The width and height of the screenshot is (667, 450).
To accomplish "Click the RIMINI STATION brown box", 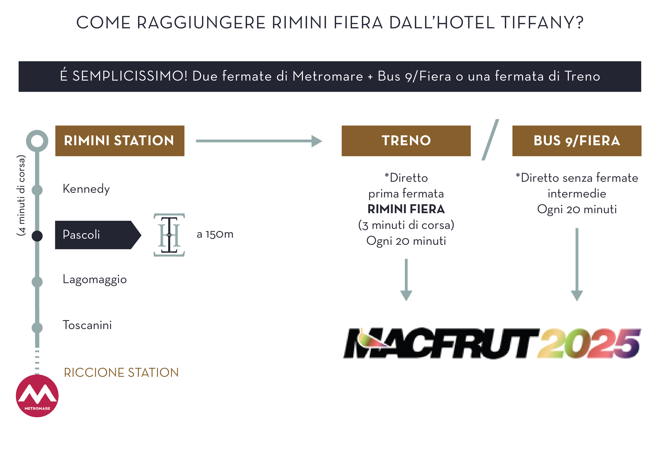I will (x=120, y=141).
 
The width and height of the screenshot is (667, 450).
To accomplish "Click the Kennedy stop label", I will (x=86, y=189).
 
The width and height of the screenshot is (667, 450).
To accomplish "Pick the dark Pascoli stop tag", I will (x=95, y=235).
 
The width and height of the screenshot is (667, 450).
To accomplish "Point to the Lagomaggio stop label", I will (x=95, y=279).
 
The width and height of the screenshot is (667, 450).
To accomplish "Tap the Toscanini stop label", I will (x=87, y=325).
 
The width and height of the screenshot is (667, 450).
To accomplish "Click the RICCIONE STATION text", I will (x=121, y=372).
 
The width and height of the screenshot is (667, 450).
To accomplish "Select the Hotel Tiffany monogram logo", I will (x=169, y=235).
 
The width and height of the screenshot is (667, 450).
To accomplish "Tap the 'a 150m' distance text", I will (x=215, y=234).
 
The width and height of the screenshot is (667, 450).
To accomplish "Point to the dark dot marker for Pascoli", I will (x=37, y=236).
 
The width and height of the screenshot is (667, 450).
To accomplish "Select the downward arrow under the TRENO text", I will (x=406, y=280).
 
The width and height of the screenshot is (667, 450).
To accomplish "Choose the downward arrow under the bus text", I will (x=577, y=264).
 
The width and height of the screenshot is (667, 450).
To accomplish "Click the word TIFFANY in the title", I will (x=542, y=23).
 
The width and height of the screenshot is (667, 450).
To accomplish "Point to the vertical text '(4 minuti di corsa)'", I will (x=21, y=195).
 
